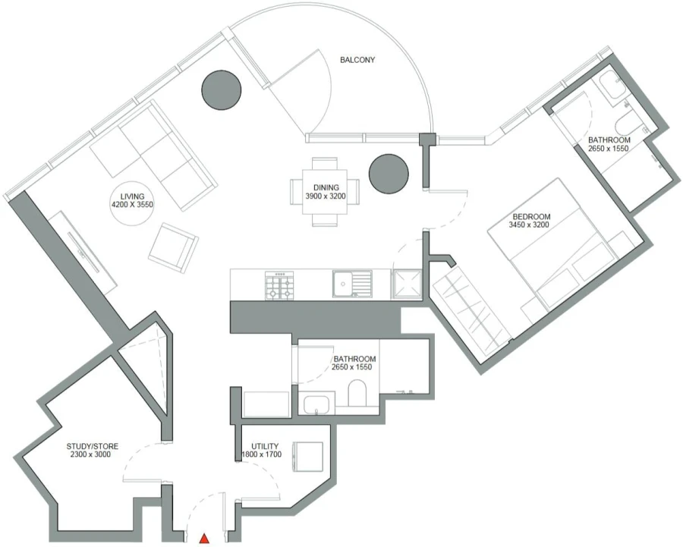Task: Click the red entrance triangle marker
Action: (204, 539)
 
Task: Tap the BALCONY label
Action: (357, 60)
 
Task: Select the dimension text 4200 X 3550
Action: (132, 205)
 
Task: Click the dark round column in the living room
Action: (222, 89)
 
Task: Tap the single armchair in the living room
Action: (173, 247)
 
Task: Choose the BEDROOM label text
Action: (530, 217)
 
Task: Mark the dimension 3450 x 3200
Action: (530, 226)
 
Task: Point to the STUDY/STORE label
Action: (92, 446)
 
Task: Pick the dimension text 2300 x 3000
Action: (92, 456)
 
